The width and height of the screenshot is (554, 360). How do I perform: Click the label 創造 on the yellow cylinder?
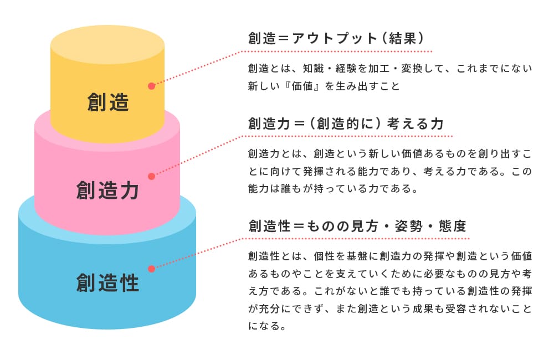108,102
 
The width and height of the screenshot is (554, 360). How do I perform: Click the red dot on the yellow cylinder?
151,86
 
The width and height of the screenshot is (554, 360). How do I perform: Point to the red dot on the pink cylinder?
151,176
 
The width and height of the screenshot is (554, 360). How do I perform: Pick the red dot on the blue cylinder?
151,268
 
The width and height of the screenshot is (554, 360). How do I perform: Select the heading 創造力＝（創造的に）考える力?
346,123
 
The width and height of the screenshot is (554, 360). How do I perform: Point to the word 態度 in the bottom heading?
453,226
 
